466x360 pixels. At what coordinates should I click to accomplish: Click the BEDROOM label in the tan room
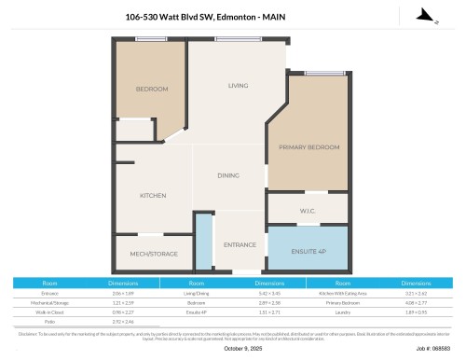tap(152, 89)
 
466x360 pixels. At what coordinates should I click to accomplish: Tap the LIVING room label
tap(239, 86)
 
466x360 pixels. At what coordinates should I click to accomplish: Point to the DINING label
tap(228, 175)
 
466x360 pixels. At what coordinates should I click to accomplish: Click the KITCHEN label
tap(153, 196)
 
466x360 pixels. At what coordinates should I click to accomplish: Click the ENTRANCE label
tap(240, 244)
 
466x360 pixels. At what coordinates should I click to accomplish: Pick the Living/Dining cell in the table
tap(197, 293)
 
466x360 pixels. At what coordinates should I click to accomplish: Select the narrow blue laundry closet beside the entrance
tap(203, 240)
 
